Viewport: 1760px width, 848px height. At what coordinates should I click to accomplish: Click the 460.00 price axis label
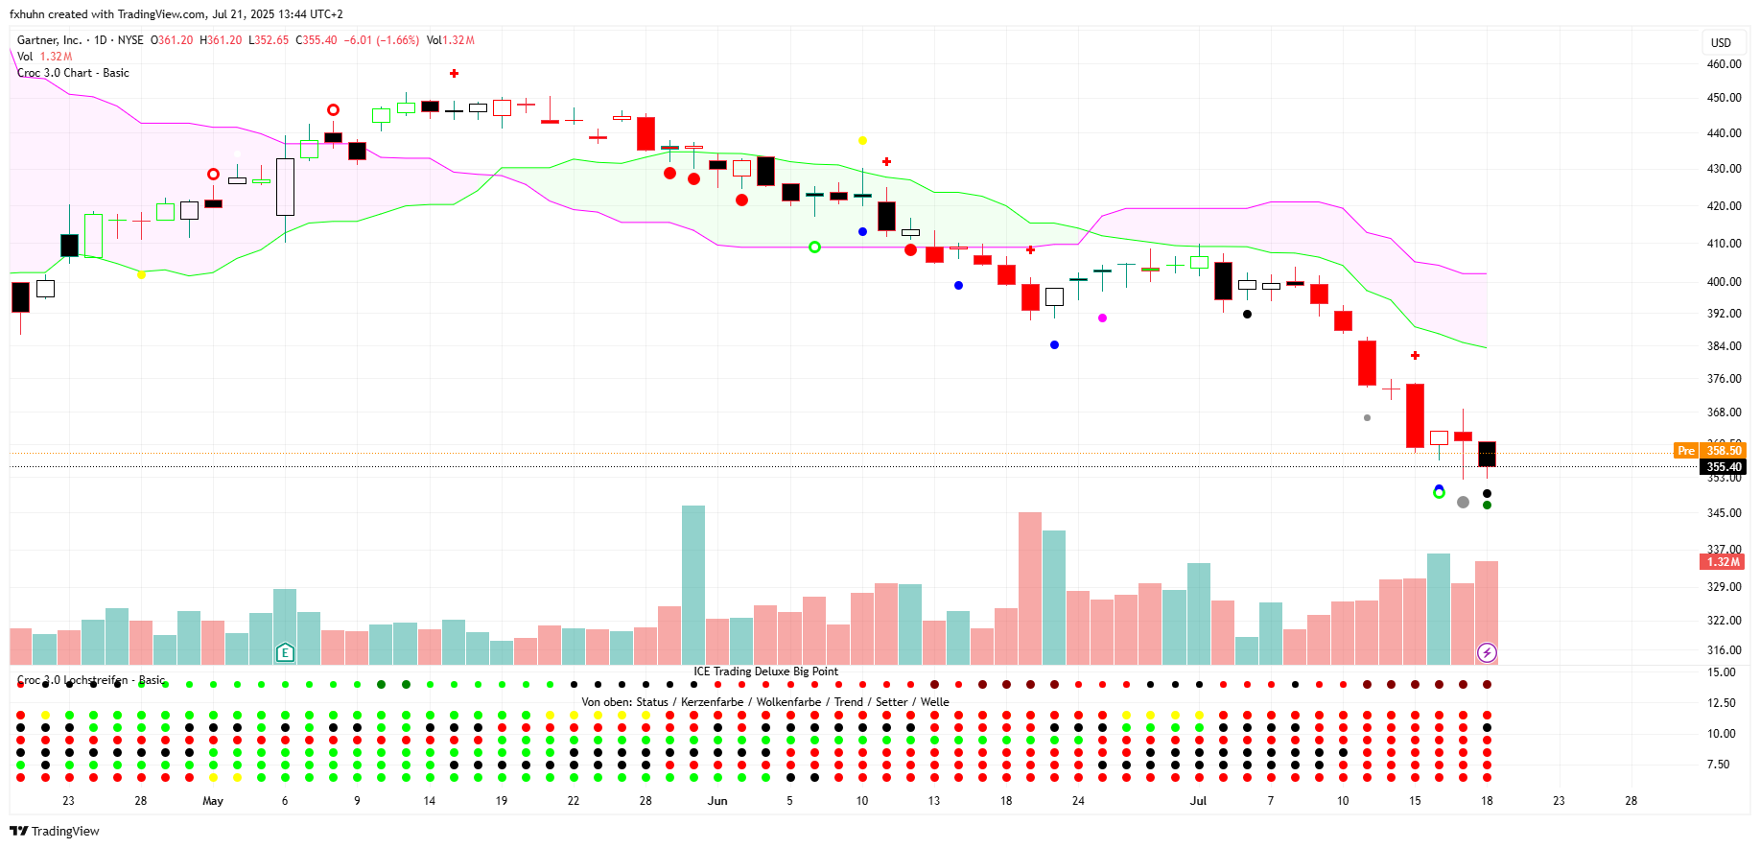(1724, 64)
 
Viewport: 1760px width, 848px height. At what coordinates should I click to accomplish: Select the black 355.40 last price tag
(1723, 467)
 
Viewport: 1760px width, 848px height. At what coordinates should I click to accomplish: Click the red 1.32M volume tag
(1723, 562)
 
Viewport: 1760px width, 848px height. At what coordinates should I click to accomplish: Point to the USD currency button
(1721, 42)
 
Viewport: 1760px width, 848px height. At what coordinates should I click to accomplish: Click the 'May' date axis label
(213, 801)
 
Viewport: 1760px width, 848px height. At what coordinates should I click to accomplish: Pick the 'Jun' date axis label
(717, 801)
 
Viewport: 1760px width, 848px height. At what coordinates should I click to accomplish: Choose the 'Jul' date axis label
(1198, 801)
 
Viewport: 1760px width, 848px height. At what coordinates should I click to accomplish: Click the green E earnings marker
(285, 653)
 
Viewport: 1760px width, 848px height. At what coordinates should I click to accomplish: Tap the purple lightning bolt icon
(1487, 653)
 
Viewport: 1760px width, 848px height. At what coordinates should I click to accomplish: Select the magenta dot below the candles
(1102, 318)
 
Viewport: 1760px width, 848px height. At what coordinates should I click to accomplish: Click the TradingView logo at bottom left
(55, 831)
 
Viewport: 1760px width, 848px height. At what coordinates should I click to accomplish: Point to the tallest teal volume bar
(693, 585)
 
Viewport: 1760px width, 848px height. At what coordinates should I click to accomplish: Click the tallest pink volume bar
(1030, 588)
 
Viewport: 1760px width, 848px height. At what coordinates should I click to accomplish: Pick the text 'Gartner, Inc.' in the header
(49, 40)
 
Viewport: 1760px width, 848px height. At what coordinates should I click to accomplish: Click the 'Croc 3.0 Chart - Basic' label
(74, 73)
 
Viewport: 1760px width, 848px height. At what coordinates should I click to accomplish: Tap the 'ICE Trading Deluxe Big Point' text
(765, 671)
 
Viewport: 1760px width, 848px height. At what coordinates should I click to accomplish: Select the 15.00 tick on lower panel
(1722, 672)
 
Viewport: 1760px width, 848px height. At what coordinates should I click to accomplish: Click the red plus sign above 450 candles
(454, 73)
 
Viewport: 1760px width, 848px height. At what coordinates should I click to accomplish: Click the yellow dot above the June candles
(862, 141)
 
